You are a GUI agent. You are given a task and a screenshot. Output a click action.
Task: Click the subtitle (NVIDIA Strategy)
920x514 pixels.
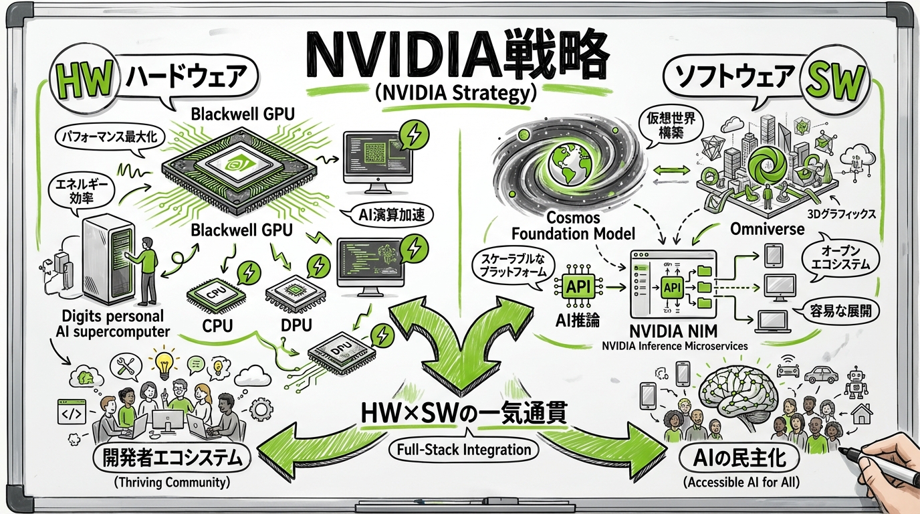pyautogui.click(x=457, y=94)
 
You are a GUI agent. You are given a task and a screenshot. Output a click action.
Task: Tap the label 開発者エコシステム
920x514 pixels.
pyautogui.click(x=172, y=459)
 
